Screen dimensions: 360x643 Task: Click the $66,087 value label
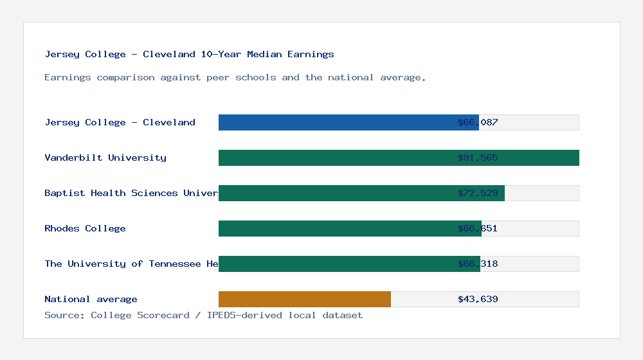tap(478, 122)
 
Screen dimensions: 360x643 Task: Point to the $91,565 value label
tap(478, 157)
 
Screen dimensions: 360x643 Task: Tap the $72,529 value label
tap(478, 193)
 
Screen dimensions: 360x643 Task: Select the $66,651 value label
tap(478, 228)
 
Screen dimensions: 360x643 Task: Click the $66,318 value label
tap(478, 264)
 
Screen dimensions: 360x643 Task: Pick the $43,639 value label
tap(478, 299)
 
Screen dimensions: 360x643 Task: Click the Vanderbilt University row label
tap(105, 157)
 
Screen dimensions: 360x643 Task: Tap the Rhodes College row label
tap(85, 228)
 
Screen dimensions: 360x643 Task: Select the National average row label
tap(91, 299)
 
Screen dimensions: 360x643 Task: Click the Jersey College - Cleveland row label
tap(120, 122)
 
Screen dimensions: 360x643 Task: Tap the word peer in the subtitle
tap(218, 77)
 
